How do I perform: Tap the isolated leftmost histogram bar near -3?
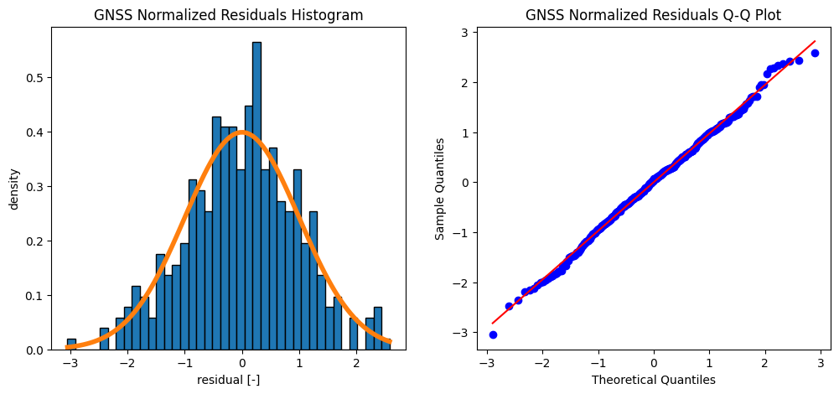71,345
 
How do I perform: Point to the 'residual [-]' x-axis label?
229,379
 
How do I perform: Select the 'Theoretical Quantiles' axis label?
654,379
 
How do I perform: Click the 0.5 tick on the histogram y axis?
39,78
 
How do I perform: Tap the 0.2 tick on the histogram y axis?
39,241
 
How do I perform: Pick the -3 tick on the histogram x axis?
69,363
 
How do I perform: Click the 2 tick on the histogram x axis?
356,363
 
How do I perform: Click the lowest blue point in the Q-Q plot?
493,334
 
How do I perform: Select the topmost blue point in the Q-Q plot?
815,53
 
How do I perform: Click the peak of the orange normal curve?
241,132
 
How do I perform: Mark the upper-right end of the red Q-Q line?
815,40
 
